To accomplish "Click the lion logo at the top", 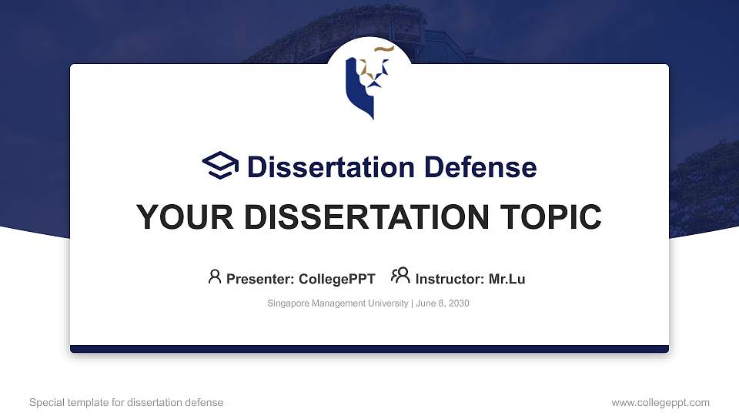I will [x=368, y=83].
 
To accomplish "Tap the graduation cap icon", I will [x=221, y=166].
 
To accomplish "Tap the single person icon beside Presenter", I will [x=215, y=277].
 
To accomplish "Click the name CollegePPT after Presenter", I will [x=336, y=279].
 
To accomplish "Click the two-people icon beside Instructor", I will [x=400, y=276].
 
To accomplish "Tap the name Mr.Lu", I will [x=507, y=279].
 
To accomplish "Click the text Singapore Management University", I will [x=337, y=304].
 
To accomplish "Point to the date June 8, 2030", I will [x=443, y=304].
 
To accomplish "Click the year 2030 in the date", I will [x=458, y=304].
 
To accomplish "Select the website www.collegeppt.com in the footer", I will [x=660, y=402].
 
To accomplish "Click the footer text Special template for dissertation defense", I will [x=126, y=402].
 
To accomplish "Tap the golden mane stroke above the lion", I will [x=384, y=50].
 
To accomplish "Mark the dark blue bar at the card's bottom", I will [x=369, y=349].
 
